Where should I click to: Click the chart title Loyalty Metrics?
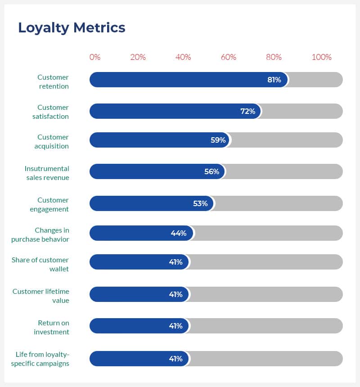(x=72, y=28)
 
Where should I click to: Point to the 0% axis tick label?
(x=95, y=57)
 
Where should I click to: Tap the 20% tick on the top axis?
(x=138, y=57)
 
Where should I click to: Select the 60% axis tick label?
(x=229, y=57)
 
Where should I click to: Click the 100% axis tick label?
(x=321, y=57)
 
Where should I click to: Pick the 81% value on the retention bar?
(x=274, y=80)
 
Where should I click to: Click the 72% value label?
(x=247, y=111)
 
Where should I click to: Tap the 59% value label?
(x=218, y=140)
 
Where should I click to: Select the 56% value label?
(x=211, y=171)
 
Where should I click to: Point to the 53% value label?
(x=200, y=203)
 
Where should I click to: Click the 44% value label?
(x=178, y=233)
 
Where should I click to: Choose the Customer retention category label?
(x=53, y=82)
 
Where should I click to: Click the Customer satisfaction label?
(x=51, y=112)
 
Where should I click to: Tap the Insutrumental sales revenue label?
(x=47, y=173)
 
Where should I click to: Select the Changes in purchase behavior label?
(x=40, y=234)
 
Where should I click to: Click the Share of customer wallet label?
(x=47, y=264)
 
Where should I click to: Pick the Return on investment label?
(x=52, y=327)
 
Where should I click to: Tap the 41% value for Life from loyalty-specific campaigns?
(x=175, y=359)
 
